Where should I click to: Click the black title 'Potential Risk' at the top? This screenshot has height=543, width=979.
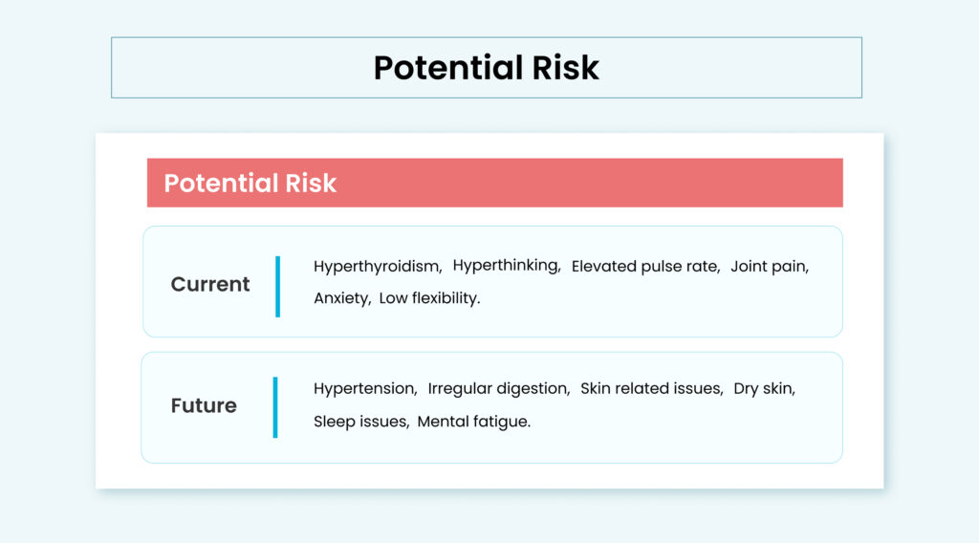(x=486, y=68)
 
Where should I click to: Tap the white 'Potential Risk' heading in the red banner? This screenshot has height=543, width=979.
(x=250, y=184)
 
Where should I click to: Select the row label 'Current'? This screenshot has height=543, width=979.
(x=209, y=285)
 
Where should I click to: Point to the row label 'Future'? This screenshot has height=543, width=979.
(x=204, y=405)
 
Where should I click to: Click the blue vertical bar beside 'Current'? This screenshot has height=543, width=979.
(x=278, y=287)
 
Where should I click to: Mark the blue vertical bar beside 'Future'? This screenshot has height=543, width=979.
(x=275, y=407)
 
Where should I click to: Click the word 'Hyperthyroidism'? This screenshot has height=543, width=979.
(x=377, y=267)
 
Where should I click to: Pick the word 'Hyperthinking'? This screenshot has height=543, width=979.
(x=505, y=265)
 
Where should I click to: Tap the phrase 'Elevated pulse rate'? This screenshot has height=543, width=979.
(x=644, y=267)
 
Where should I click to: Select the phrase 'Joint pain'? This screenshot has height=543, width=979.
(x=768, y=267)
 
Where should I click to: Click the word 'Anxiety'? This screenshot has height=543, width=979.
(x=340, y=298)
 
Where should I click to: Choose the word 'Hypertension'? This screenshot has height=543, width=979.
(x=364, y=389)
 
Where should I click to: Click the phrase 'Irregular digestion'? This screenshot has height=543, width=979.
(x=497, y=389)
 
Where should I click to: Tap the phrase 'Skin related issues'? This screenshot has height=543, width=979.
(x=650, y=388)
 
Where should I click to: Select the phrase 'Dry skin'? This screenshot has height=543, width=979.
(x=763, y=389)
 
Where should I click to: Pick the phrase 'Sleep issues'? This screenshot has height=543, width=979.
(x=360, y=422)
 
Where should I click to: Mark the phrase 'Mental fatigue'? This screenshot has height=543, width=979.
(x=472, y=422)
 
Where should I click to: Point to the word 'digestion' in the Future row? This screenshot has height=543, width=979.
(x=532, y=389)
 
